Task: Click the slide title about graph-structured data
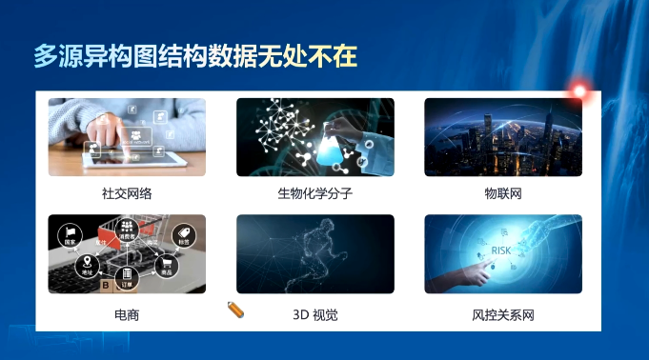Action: pos(195,56)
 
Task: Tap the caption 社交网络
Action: pos(127,193)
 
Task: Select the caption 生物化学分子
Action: pos(314,193)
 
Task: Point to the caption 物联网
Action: pos(502,193)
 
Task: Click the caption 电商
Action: pos(127,313)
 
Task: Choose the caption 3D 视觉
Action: pos(314,313)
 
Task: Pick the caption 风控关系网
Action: pos(502,313)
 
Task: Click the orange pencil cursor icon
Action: pos(236,309)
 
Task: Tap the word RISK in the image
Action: pos(501,250)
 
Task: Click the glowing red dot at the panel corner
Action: pos(578,91)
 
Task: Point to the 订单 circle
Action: pos(127,276)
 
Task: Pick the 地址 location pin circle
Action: pos(88,264)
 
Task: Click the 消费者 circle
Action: pos(127,230)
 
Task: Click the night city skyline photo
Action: pos(502,137)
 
